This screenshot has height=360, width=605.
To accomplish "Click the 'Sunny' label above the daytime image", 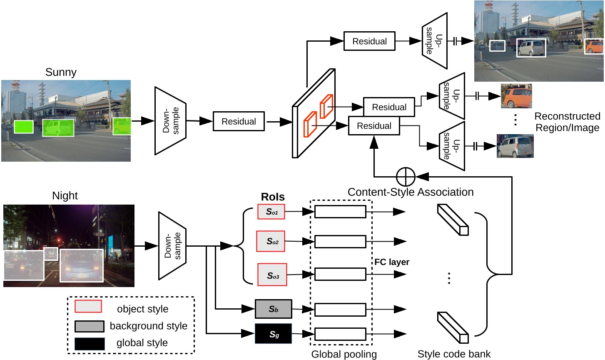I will point(61,72).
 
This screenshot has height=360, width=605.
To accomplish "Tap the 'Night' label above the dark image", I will point(65,195).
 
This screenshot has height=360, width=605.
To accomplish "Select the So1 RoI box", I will point(271,212).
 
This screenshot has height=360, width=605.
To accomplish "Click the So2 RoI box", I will point(271,241).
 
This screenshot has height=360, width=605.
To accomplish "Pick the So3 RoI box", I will point(272,275).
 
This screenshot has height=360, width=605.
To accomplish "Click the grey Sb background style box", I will point(273,309).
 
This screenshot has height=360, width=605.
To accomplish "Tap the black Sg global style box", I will point(273,334).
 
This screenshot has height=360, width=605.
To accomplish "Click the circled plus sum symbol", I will point(405,177).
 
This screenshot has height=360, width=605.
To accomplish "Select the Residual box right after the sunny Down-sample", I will point(239,121).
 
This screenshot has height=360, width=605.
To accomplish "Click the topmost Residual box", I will point(369,41).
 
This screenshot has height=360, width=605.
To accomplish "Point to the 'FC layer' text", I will point(391,262).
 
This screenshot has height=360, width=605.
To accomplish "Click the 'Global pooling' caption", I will point(344,354).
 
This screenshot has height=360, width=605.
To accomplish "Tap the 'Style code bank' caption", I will point(454,354).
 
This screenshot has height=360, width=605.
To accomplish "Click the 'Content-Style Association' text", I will point(411,192).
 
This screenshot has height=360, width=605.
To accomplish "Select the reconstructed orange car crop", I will point(516,96).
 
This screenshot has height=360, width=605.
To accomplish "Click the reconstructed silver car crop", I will point(515,146).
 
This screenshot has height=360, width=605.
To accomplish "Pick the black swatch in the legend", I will point(90,344).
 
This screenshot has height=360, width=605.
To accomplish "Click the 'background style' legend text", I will point(148,326).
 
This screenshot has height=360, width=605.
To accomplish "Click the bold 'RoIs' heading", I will point(273,197).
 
